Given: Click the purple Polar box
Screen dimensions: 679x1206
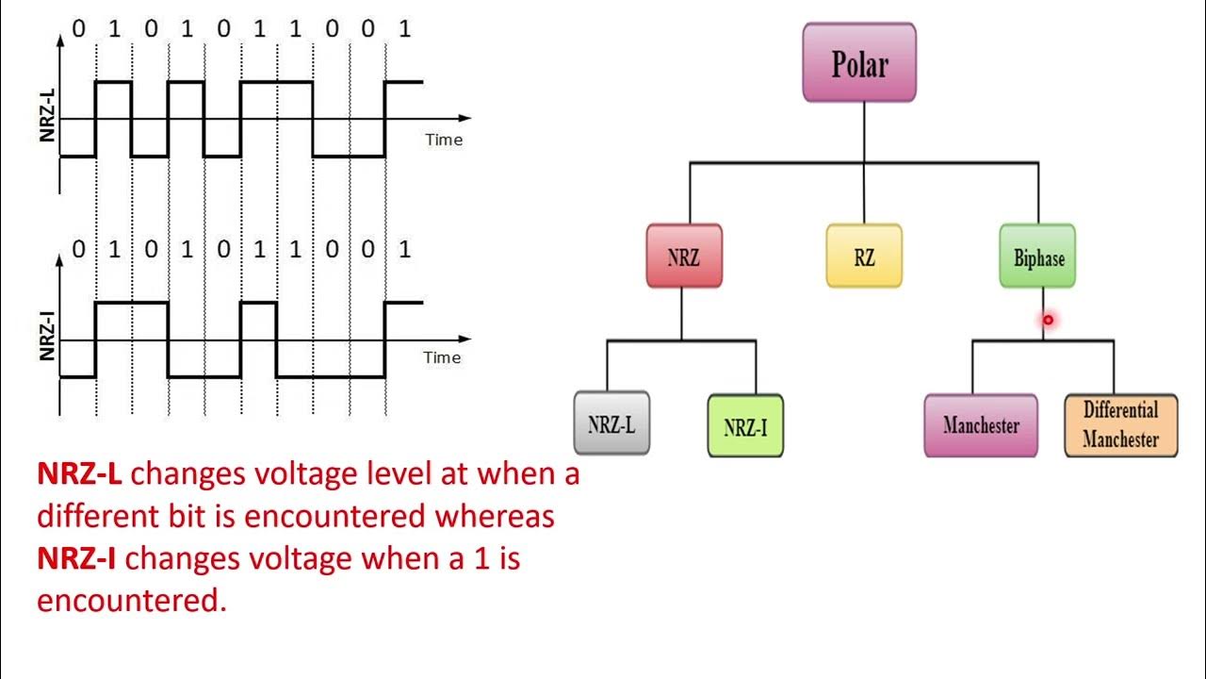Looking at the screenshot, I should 859,63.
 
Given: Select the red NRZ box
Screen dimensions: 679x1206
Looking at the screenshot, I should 684,257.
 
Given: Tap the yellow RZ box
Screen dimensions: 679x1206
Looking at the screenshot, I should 864,257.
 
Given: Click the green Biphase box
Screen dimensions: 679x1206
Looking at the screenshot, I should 1037,257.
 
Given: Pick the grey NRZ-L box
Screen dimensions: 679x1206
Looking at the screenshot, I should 611,423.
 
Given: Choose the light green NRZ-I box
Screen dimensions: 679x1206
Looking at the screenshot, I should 745,427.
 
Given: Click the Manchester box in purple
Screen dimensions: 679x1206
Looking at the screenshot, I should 981,425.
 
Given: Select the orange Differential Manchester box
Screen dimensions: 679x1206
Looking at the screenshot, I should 1120,425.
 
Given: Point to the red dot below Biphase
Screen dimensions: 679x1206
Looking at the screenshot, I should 1048,321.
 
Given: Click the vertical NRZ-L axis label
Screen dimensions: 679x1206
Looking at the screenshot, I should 47,113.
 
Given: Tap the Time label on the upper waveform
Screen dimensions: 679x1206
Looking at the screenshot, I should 443,140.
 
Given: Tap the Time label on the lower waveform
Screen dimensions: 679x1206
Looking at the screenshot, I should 442,357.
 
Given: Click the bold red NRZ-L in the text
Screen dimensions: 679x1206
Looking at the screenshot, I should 79,474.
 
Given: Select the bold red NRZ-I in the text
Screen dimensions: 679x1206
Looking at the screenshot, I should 76,559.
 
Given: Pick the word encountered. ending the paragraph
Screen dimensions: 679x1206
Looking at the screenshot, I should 131,601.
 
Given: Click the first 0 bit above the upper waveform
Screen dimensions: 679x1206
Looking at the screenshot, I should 78,29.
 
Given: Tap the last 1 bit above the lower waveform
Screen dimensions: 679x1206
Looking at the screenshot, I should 404,250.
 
